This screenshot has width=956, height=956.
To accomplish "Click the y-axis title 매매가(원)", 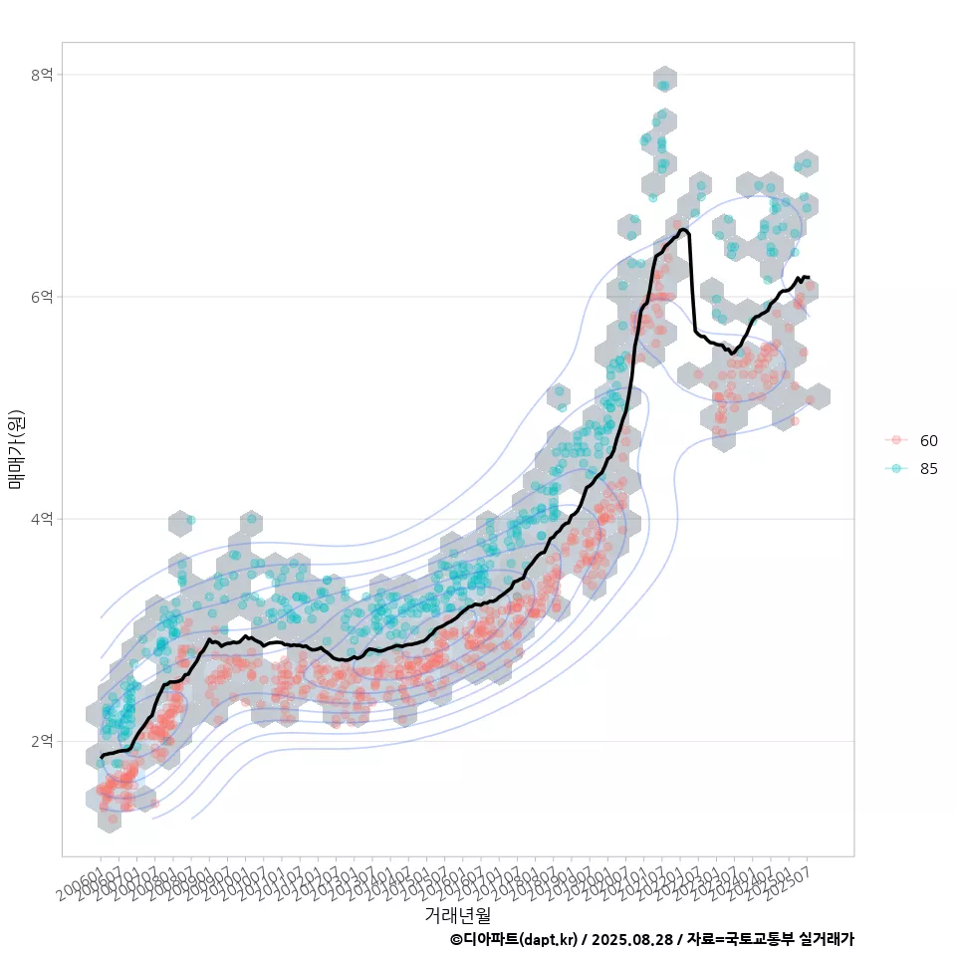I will [x=16, y=449].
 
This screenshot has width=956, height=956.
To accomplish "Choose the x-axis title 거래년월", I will [x=457, y=914].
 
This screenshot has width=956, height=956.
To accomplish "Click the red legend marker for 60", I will [x=896, y=440].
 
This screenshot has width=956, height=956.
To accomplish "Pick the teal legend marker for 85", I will [x=896, y=469].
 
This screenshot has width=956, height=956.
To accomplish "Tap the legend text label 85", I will [x=928, y=469].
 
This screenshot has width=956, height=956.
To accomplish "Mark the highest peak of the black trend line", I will [x=683, y=230].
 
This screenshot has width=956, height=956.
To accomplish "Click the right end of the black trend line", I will [x=809, y=278].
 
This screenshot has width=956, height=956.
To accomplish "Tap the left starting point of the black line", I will [x=102, y=758].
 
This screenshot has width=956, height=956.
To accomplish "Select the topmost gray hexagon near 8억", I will [x=665, y=79].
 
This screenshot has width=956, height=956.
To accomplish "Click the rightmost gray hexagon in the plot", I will [x=819, y=396].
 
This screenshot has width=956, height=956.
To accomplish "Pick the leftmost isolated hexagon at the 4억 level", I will [x=180, y=522].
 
